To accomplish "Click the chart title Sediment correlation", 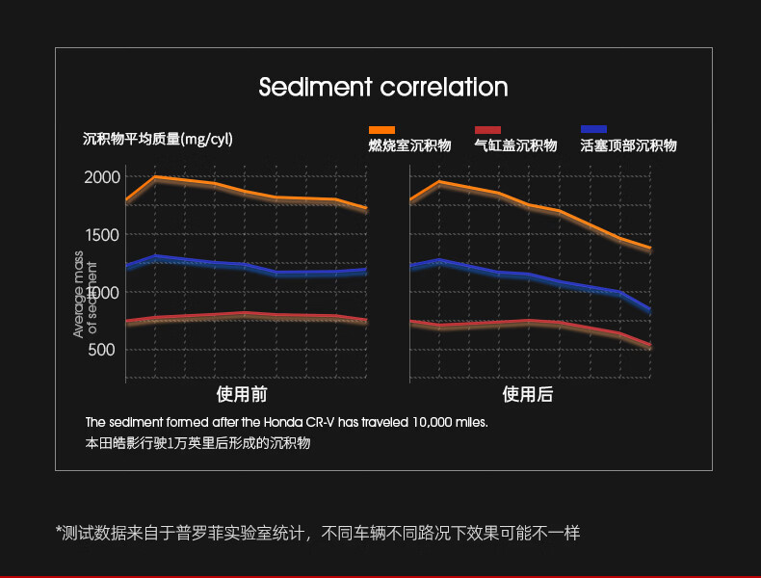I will click(382, 88).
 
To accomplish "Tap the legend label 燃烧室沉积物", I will click(409, 146).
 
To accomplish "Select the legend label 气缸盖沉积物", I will click(515, 146).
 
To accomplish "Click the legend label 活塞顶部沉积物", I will click(628, 146).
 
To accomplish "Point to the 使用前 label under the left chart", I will click(242, 395).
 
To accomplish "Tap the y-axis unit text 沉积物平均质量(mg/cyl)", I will click(158, 140).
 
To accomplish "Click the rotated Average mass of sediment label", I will click(86, 294).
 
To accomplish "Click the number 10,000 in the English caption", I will click(433, 422).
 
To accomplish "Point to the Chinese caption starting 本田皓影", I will click(197, 444).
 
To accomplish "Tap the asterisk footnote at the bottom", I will click(317, 533).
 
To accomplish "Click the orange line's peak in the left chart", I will click(155, 177).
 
